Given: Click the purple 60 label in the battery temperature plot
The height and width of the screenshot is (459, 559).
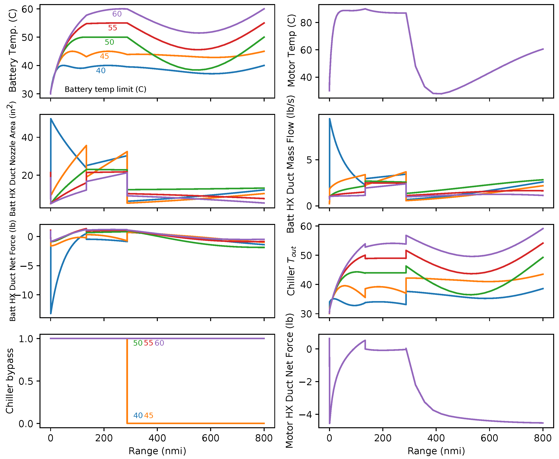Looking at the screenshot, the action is pos(117,14).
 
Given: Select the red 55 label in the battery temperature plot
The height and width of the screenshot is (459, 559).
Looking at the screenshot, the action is pos(112,28).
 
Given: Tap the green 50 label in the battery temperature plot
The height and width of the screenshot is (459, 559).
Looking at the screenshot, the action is pos(109,42).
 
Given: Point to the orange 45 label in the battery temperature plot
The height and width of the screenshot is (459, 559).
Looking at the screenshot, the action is pos(104,56).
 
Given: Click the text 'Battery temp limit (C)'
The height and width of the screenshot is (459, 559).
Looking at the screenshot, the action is pos(105,89).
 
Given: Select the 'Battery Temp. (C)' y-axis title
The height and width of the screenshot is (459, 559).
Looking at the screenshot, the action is pos(12,50).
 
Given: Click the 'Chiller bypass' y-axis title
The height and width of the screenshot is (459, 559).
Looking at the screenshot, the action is pos(10,381).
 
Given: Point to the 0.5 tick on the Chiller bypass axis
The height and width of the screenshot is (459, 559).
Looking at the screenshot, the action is pos(26,381).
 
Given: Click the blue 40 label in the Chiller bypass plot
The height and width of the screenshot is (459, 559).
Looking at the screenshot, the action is pos(138,415).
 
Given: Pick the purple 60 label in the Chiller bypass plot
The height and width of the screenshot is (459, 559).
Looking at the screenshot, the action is pos(159,343).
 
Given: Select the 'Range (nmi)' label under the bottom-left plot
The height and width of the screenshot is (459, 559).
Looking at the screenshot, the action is pos(157,451).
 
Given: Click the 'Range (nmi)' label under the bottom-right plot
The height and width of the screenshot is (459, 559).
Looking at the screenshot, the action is pos(436,451).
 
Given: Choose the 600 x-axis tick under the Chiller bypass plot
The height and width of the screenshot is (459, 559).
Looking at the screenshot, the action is pos(211,438).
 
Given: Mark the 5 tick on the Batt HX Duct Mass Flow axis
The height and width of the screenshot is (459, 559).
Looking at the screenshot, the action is pos(309,160).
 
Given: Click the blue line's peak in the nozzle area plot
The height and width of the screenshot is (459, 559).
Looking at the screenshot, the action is pos(51,119).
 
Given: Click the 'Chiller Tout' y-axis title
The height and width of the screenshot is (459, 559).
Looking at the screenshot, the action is pos(291,271).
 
